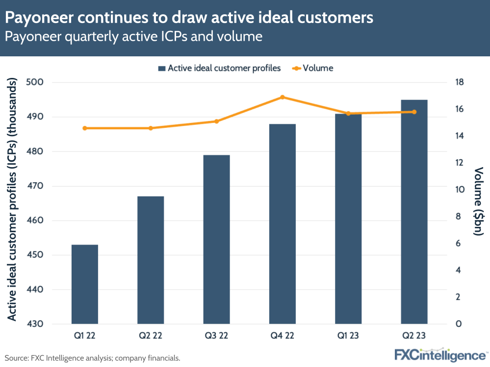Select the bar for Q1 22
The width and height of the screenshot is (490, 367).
85,284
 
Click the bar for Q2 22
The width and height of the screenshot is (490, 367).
151,260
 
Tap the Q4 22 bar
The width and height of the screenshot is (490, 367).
283,224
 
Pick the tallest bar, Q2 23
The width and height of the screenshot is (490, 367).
414,212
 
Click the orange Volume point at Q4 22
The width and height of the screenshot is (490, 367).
283,97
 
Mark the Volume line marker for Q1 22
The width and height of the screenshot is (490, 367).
85,128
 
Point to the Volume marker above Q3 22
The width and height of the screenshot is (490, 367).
216,121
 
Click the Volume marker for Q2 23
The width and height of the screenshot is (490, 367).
414,112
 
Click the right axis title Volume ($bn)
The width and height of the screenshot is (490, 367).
479,201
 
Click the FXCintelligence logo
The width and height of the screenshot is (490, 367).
440,354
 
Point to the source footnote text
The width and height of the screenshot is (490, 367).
93,358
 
